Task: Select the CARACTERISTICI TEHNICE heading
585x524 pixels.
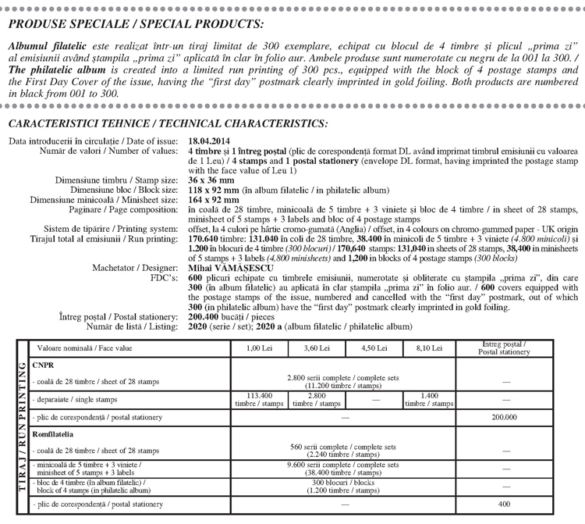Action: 168,123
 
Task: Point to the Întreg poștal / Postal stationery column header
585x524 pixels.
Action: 505,348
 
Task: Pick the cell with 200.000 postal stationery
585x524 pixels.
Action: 505,418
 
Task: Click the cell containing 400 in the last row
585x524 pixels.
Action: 505,504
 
